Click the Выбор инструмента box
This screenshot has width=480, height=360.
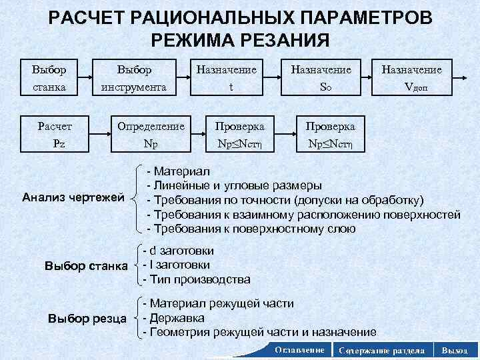(x=134, y=78)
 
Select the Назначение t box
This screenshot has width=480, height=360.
(x=230, y=78)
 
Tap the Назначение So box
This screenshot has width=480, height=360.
(x=327, y=78)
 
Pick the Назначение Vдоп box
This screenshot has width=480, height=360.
(x=420, y=78)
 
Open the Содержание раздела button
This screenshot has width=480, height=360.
(x=378, y=350)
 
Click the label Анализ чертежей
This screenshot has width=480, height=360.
(x=73, y=198)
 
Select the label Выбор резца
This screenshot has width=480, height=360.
(x=87, y=317)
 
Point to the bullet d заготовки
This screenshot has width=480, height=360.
(x=179, y=251)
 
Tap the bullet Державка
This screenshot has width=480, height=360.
(x=177, y=317)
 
